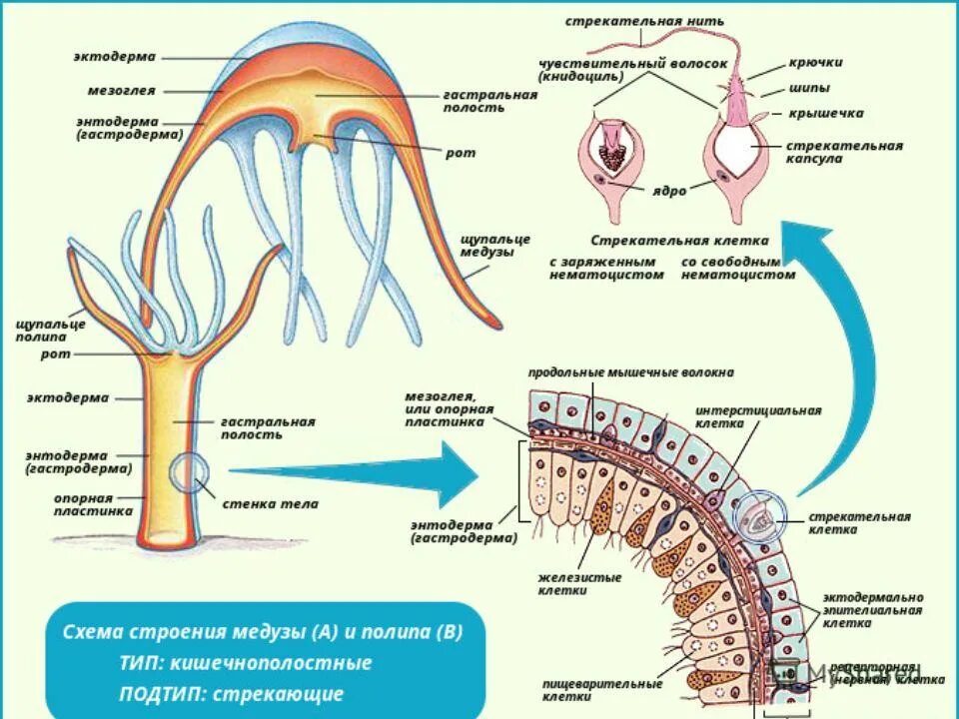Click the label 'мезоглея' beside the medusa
click(121, 90)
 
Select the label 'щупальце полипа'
click(51, 330)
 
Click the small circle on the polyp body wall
click(188, 473)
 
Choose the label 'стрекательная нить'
click(644, 21)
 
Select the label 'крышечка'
click(825, 113)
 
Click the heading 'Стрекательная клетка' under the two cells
click(679, 241)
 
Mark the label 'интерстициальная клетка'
click(758, 416)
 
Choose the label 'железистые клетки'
click(579, 583)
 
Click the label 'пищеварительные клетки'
click(601, 690)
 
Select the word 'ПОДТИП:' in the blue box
click(159, 693)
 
